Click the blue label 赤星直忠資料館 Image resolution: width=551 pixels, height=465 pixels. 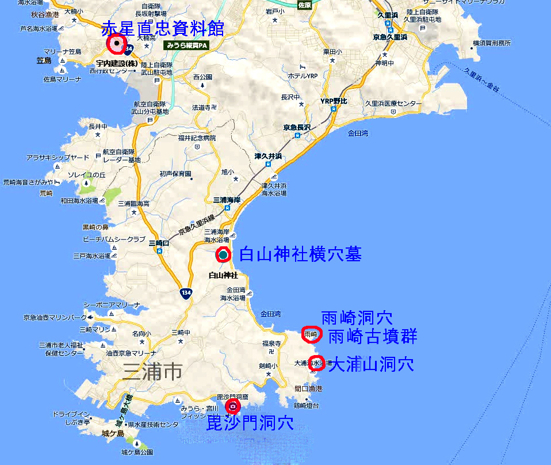(x=162, y=28)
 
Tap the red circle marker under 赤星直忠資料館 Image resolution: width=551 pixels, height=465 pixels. (x=117, y=44)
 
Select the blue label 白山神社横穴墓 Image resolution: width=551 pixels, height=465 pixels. (x=300, y=254)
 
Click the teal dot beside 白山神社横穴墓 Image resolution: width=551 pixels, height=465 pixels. (x=223, y=254)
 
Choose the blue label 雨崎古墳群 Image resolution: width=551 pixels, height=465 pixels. (x=372, y=336)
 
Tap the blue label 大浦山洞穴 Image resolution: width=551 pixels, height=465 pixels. (x=371, y=364)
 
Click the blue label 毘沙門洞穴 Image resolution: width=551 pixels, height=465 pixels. (x=250, y=423)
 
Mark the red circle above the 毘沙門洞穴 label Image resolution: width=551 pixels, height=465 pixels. (x=233, y=407)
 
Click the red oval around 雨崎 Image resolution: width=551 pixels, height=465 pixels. (x=311, y=334)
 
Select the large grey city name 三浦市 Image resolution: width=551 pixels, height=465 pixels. (x=152, y=372)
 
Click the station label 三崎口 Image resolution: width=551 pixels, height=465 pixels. (x=159, y=243)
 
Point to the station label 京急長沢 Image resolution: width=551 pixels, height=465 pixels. (x=297, y=127)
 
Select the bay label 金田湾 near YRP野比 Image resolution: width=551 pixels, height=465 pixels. (x=358, y=133)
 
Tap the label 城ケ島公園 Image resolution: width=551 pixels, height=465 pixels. (x=137, y=453)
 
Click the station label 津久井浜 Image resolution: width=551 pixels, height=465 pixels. (x=268, y=155)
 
